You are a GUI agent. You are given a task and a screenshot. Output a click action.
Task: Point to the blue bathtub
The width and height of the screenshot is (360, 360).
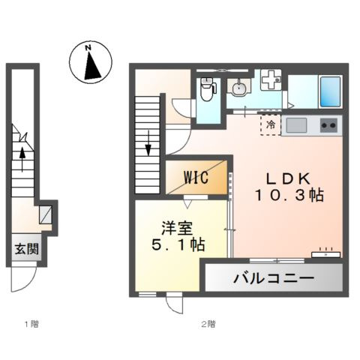(x=330, y=91)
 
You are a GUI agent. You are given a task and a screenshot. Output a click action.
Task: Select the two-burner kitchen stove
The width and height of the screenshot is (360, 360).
(x=328, y=124)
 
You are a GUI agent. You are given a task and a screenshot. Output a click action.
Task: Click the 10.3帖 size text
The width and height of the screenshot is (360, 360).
(x=288, y=196)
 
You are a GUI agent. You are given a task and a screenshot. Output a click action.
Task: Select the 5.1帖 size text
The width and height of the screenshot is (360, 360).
(x=175, y=245)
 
